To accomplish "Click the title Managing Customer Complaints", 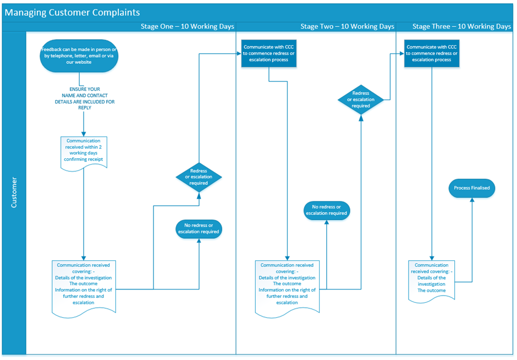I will point(73,12).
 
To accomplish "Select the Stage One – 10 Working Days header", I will point(187,26).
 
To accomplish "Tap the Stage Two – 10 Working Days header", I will point(347,26).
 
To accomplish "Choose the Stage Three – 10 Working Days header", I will point(461,26).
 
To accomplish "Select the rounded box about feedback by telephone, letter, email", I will point(79,56).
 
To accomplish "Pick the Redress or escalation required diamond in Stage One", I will point(199,177).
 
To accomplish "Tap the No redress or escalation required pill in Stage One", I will point(199,228).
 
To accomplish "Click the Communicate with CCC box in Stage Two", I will point(269,53).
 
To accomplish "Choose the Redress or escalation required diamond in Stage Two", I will point(361,100).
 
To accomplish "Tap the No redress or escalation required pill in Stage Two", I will point(327,210).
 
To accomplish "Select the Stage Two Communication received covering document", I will point(287,287).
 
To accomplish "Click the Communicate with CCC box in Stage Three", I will point(432,53).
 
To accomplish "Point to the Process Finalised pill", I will point(471,188).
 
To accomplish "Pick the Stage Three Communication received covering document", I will point(432,279).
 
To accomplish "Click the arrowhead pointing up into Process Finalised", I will point(471,200).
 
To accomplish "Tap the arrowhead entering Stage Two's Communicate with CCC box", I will point(239,53).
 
